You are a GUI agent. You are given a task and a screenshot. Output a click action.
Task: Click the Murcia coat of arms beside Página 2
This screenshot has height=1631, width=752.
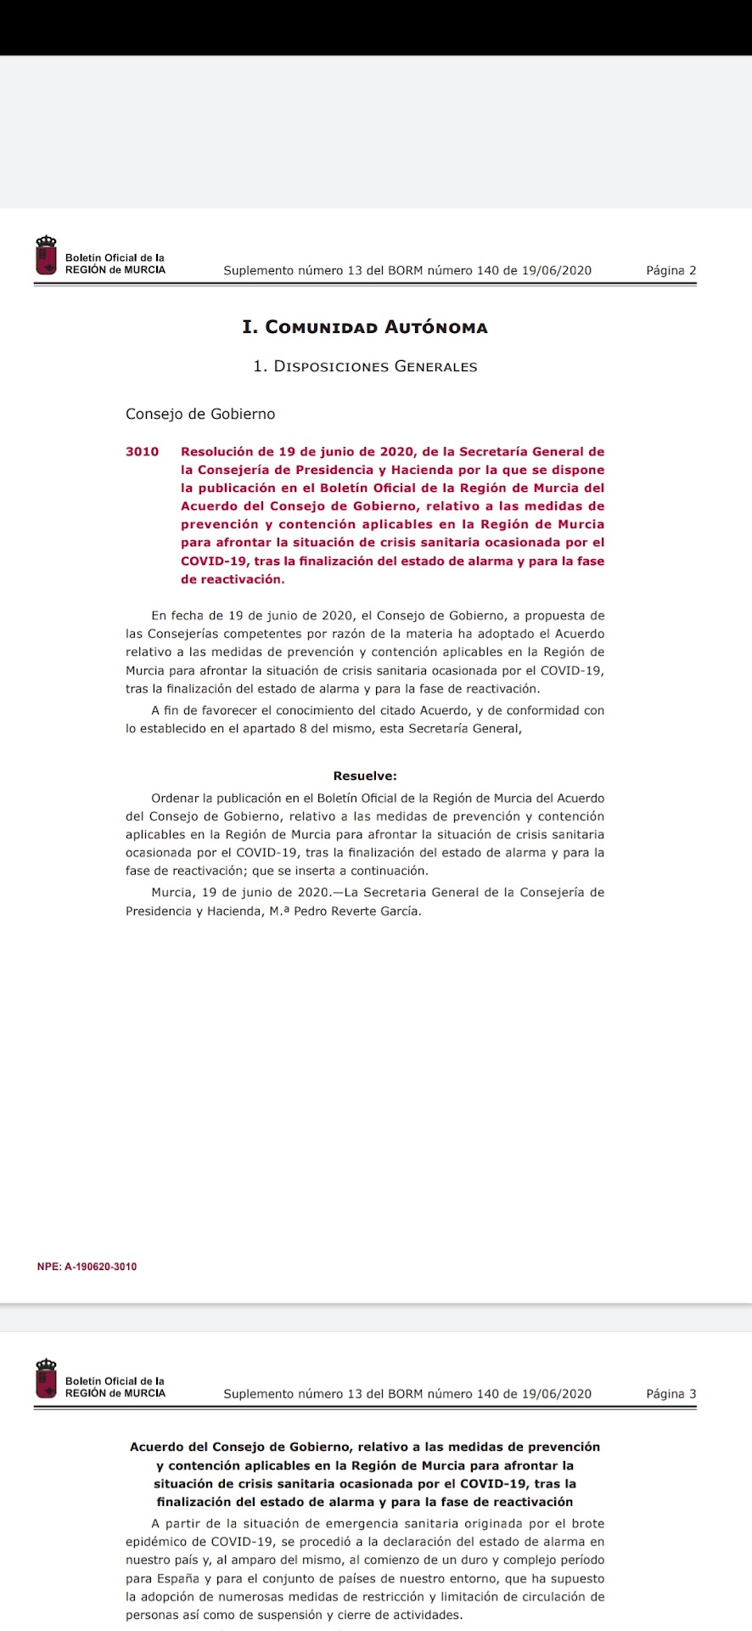[46, 256]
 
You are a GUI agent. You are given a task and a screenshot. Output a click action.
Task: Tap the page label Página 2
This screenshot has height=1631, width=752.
[671, 271]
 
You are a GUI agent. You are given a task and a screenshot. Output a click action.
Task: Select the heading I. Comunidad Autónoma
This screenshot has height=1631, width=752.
[365, 327]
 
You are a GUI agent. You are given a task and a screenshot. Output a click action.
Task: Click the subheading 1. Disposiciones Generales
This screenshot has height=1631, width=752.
[365, 367]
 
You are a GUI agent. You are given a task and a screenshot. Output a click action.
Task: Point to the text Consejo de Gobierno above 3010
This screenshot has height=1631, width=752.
[200, 415]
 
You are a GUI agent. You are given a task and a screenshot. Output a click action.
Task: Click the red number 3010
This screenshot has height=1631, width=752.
[142, 452]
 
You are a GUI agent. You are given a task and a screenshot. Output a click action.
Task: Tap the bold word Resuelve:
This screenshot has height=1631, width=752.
[365, 776]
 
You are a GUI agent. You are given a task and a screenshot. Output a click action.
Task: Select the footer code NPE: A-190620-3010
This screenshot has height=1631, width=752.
[87, 1267]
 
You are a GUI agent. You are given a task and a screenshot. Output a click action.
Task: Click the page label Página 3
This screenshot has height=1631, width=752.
[671, 1394]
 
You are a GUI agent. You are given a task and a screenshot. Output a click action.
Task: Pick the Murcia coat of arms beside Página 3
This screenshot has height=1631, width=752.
[46, 1379]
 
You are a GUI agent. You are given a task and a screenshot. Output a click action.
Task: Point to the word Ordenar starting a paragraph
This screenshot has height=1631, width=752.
[175, 799]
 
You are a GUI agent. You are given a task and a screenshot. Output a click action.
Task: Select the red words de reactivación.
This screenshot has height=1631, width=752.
[233, 579]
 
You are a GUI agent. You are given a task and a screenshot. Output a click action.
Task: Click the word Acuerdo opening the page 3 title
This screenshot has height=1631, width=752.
[158, 1447]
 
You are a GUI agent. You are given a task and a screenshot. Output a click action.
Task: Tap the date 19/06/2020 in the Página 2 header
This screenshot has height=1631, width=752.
[556, 271]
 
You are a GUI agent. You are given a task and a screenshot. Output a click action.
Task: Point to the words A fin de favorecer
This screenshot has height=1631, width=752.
[202, 711]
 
